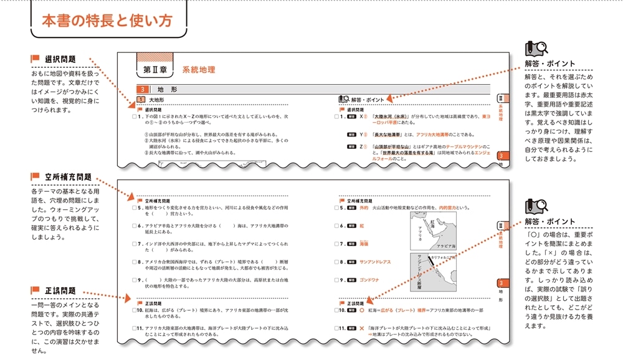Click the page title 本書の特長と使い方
point(106,21)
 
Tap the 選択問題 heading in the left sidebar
point(60,59)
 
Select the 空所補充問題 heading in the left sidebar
point(68,177)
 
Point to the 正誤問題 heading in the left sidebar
point(60,291)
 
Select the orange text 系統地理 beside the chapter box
point(198,70)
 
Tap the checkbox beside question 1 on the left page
point(134,116)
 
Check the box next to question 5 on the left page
point(134,209)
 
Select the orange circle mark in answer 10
point(361,310)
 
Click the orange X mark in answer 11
point(361,328)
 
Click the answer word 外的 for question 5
point(364,209)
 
